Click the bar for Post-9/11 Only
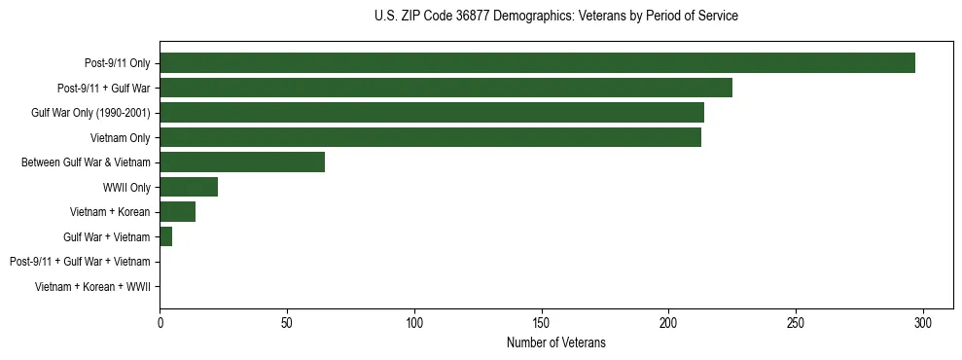(x=537, y=63)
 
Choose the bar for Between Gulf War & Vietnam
(x=242, y=162)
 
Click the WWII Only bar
(x=189, y=187)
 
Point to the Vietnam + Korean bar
(x=177, y=212)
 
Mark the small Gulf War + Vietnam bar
(x=166, y=236)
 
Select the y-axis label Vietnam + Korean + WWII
(x=92, y=287)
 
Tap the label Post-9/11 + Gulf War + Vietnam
(x=80, y=262)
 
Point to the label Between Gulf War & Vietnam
(x=86, y=162)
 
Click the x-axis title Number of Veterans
(x=555, y=342)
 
